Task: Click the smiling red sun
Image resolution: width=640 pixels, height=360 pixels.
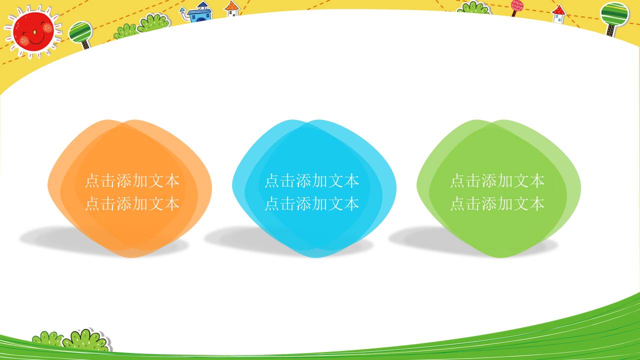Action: (x=33, y=30)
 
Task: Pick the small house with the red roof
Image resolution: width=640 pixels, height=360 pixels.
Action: (x=558, y=14)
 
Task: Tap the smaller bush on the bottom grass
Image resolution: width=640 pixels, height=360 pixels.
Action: (x=47, y=338)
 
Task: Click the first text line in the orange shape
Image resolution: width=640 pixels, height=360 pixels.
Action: (x=132, y=180)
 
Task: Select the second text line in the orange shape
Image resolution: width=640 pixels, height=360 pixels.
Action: (x=132, y=203)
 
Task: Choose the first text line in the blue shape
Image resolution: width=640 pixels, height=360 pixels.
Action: (x=311, y=180)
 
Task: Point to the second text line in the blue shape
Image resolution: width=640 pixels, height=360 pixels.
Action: (x=311, y=203)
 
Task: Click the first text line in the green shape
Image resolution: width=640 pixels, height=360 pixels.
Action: (x=497, y=180)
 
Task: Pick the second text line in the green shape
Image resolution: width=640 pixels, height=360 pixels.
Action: (x=497, y=203)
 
